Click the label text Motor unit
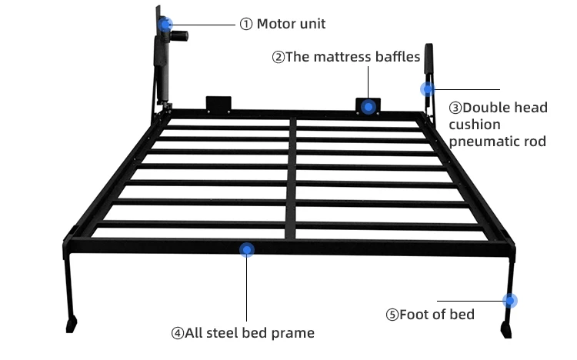(291, 24)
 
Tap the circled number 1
(246, 24)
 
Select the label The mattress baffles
(352, 57)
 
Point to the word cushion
(475, 125)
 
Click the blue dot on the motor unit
(166, 25)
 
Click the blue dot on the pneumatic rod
(427, 89)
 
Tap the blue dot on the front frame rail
(247, 249)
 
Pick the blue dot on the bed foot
(509, 301)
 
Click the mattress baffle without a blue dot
(218, 103)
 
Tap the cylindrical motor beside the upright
(182, 35)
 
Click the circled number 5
(392, 314)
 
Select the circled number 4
(178, 333)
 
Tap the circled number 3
(455, 108)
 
